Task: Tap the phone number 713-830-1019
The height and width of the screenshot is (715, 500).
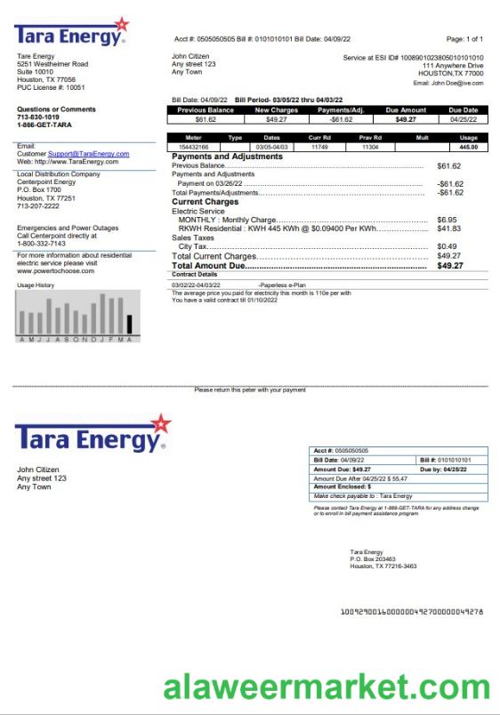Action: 36,116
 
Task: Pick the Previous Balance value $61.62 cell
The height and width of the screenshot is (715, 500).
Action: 206,118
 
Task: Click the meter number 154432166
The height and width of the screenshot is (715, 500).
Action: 193,147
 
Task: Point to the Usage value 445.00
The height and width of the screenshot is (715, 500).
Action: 469,147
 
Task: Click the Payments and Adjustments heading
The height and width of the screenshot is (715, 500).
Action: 227,157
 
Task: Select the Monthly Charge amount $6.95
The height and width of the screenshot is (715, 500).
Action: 447,219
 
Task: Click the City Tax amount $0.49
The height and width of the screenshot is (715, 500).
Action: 447,246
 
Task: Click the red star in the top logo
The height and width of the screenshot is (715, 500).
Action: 122,24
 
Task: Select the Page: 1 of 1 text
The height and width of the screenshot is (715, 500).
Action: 464,40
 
